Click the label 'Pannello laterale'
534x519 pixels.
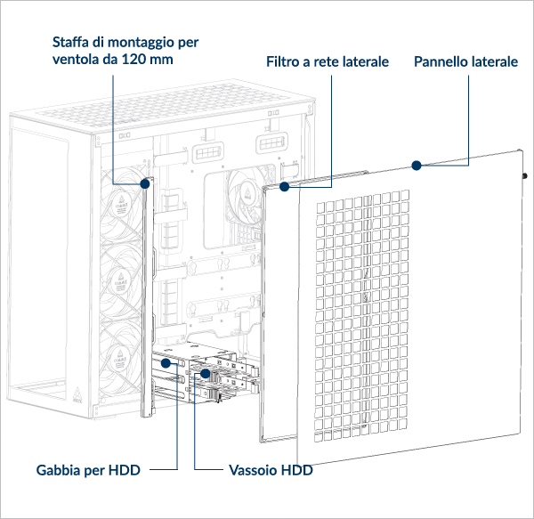tap(466, 62)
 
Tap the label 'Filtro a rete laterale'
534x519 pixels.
tap(328, 62)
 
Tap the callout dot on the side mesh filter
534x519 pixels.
tap(285, 188)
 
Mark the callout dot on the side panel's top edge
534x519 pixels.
tap(415, 165)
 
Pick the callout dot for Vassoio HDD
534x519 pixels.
tap(205, 374)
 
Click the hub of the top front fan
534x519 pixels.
tap(122, 207)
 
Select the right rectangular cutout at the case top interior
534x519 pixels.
tap(271, 142)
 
